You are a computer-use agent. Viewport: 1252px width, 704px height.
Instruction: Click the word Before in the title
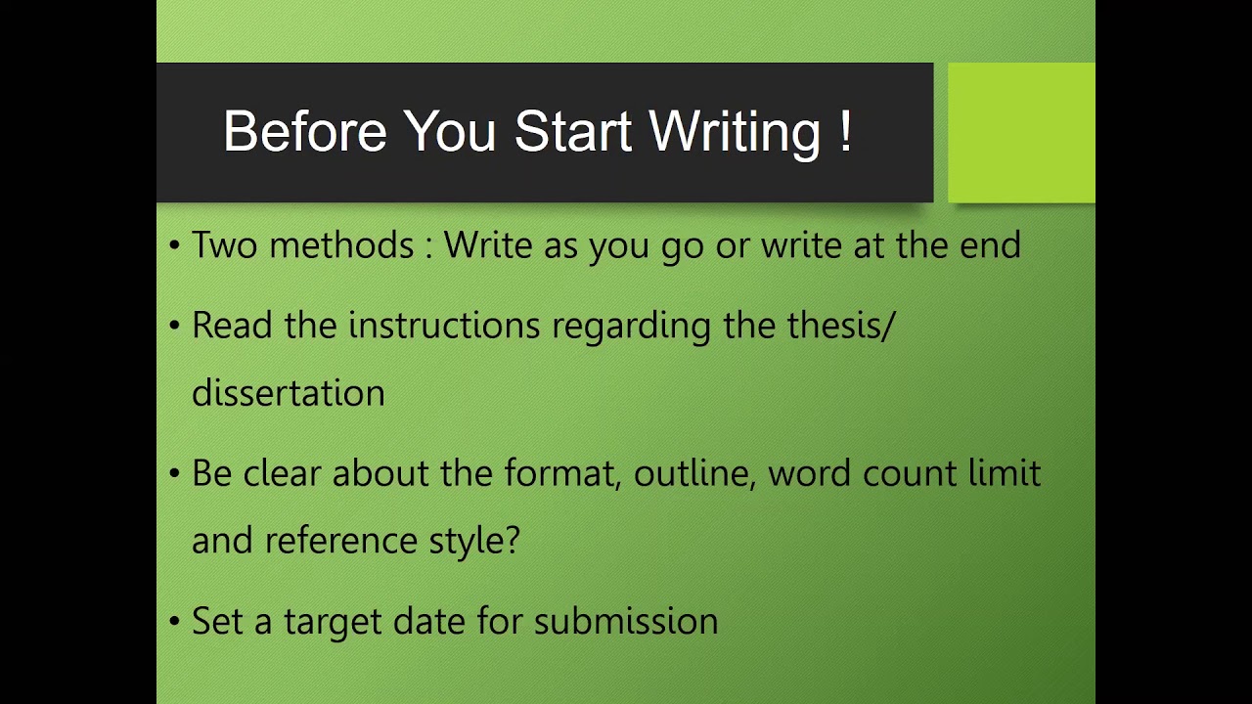[x=304, y=132]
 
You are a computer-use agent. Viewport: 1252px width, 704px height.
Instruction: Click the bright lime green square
[x=1021, y=133]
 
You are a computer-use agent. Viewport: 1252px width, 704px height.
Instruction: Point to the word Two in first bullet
[x=224, y=244]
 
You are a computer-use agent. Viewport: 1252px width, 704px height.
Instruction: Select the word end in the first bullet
[x=990, y=244]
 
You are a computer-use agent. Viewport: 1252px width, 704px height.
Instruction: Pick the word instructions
[x=444, y=325]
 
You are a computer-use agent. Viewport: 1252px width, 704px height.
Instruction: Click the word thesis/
[x=840, y=325]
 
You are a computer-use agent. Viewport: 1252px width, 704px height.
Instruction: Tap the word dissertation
[x=289, y=393]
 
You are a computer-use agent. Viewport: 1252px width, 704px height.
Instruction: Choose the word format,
[x=563, y=473]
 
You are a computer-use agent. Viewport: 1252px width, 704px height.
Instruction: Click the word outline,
[x=695, y=473]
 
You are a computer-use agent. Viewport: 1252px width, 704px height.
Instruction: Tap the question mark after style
[x=512, y=540]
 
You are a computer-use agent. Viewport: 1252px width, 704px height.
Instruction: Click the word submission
[x=626, y=621]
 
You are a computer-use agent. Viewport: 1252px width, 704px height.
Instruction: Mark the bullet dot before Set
[x=174, y=622]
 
